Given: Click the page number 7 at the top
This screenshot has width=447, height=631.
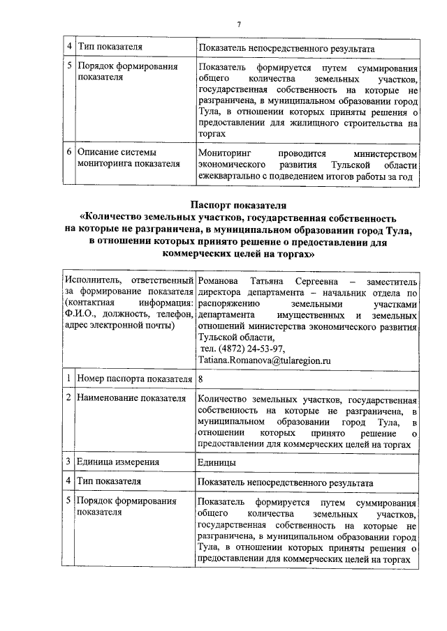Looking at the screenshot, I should (239, 25).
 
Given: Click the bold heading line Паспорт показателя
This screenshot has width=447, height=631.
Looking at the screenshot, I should (239, 206).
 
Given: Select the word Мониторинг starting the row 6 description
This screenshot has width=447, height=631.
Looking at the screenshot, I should (225, 152).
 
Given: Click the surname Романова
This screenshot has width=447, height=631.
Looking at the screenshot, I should (220, 280).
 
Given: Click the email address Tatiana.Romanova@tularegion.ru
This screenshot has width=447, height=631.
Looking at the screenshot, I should (264, 360).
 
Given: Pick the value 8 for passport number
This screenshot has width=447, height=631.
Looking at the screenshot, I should (201, 379).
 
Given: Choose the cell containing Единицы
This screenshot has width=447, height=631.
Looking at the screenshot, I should (217, 462).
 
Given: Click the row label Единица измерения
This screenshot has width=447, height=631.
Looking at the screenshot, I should (118, 462).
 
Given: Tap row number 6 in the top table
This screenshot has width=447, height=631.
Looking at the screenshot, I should (69, 152).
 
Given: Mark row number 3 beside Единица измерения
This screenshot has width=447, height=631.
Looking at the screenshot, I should (69, 462).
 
